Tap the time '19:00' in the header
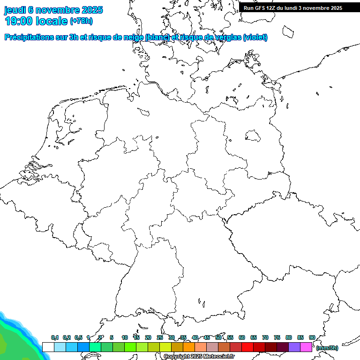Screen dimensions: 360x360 pos(18,21)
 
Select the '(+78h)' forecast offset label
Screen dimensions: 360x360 pos(81,21)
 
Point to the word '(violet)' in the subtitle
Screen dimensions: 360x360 pos(255,37)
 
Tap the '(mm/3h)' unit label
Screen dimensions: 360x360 pos(327,348)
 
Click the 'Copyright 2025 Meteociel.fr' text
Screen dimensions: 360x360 pos(199,357)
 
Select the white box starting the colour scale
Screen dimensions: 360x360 pos(48,347)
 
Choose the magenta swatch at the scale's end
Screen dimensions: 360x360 pos(306,347)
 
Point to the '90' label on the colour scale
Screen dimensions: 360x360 pos(312,337)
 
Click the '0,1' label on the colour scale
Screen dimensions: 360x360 pos(55,337)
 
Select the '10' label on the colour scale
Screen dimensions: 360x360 pos(125,337)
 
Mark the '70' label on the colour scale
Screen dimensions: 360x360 pos(265,337)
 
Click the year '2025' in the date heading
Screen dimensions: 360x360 pos(92,10)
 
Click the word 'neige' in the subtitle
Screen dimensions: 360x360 pos(134,37)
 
